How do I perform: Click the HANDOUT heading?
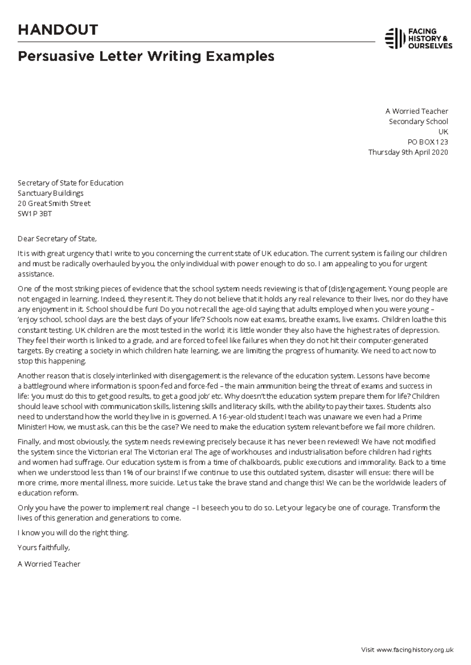(x=58, y=30)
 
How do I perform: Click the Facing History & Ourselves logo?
(x=418, y=38)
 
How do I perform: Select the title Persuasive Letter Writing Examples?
(x=146, y=56)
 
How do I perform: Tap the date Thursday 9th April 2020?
(x=408, y=152)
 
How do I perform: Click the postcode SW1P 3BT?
(x=35, y=214)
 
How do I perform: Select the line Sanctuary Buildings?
(x=51, y=193)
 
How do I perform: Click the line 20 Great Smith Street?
(x=54, y=203)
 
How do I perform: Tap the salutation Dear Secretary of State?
(x=57, y=238)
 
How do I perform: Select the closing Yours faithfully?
(x=44, y=547)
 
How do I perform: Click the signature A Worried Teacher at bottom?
(x=49, y=564)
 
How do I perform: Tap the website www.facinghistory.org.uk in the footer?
(x=415, y=649)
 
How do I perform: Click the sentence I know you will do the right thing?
(x=73, y=533)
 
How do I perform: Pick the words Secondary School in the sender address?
(x=418, y=122)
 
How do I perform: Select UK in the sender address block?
(x=443, y=132)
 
